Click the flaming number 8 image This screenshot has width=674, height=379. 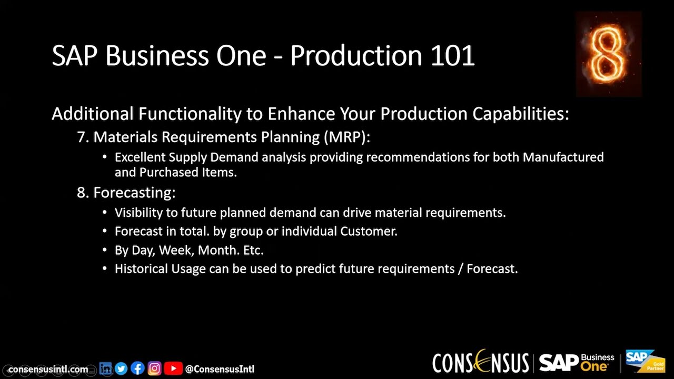pyautogui.click(x=608, y=54)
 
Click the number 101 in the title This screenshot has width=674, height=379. pyautogui.click(x=452, y=56)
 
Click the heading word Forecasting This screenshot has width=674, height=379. pyautogui.click(x=134, y=193)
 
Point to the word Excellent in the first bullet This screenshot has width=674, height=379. pyautogui.click(x=140, y=157)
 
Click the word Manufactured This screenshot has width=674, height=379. pyautogui.click(x=563, y=157)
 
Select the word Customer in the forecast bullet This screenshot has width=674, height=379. pyautogui.click(x=368, y=231)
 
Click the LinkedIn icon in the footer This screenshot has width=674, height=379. pyautogui.click(x=106, y=368)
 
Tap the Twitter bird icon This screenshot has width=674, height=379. pyautogui.click(x=121, y=368)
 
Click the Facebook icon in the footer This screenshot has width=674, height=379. pyautogui.click(x=137, y=368)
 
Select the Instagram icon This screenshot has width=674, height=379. pyautogui.click(x=154, y=368)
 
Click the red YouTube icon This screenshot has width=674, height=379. pyautogui.click(x=173, y=368)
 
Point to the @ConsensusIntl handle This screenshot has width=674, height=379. pyautogui.click(x=220, y=369)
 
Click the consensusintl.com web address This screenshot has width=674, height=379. pyautogui.click(x=48, y=369)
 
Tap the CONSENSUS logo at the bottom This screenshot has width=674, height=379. pyautogui.click(x=480, y=362)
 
